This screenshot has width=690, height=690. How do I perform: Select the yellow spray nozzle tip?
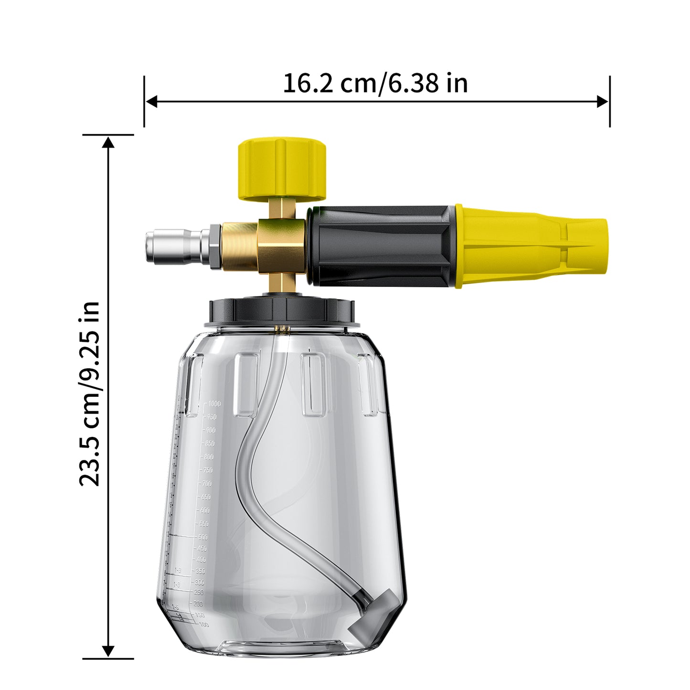tap(530, 246)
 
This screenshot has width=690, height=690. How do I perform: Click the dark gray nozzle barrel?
tap(380, 246)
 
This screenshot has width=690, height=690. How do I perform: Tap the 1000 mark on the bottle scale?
tap(214, 404)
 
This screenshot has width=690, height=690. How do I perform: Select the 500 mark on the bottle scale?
tap(202, 537)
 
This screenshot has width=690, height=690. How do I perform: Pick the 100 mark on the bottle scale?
tap(203, 624)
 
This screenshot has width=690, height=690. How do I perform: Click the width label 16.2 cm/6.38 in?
tap(375, 84)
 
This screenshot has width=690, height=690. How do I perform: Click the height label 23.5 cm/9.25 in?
tap(90, 394)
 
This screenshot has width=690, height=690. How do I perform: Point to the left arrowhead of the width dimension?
tap(151, 101)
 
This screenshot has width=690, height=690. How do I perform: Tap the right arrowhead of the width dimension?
tap(603, 101)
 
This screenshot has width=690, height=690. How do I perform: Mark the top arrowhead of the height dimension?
tap(108, 142)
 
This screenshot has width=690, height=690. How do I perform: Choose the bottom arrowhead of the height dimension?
tap(108, 651)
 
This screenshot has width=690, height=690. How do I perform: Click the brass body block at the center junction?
tap(281, 246)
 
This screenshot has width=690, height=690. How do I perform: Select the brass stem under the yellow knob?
tap(281, 209)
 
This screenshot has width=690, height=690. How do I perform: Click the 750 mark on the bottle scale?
tap(207, 470)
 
